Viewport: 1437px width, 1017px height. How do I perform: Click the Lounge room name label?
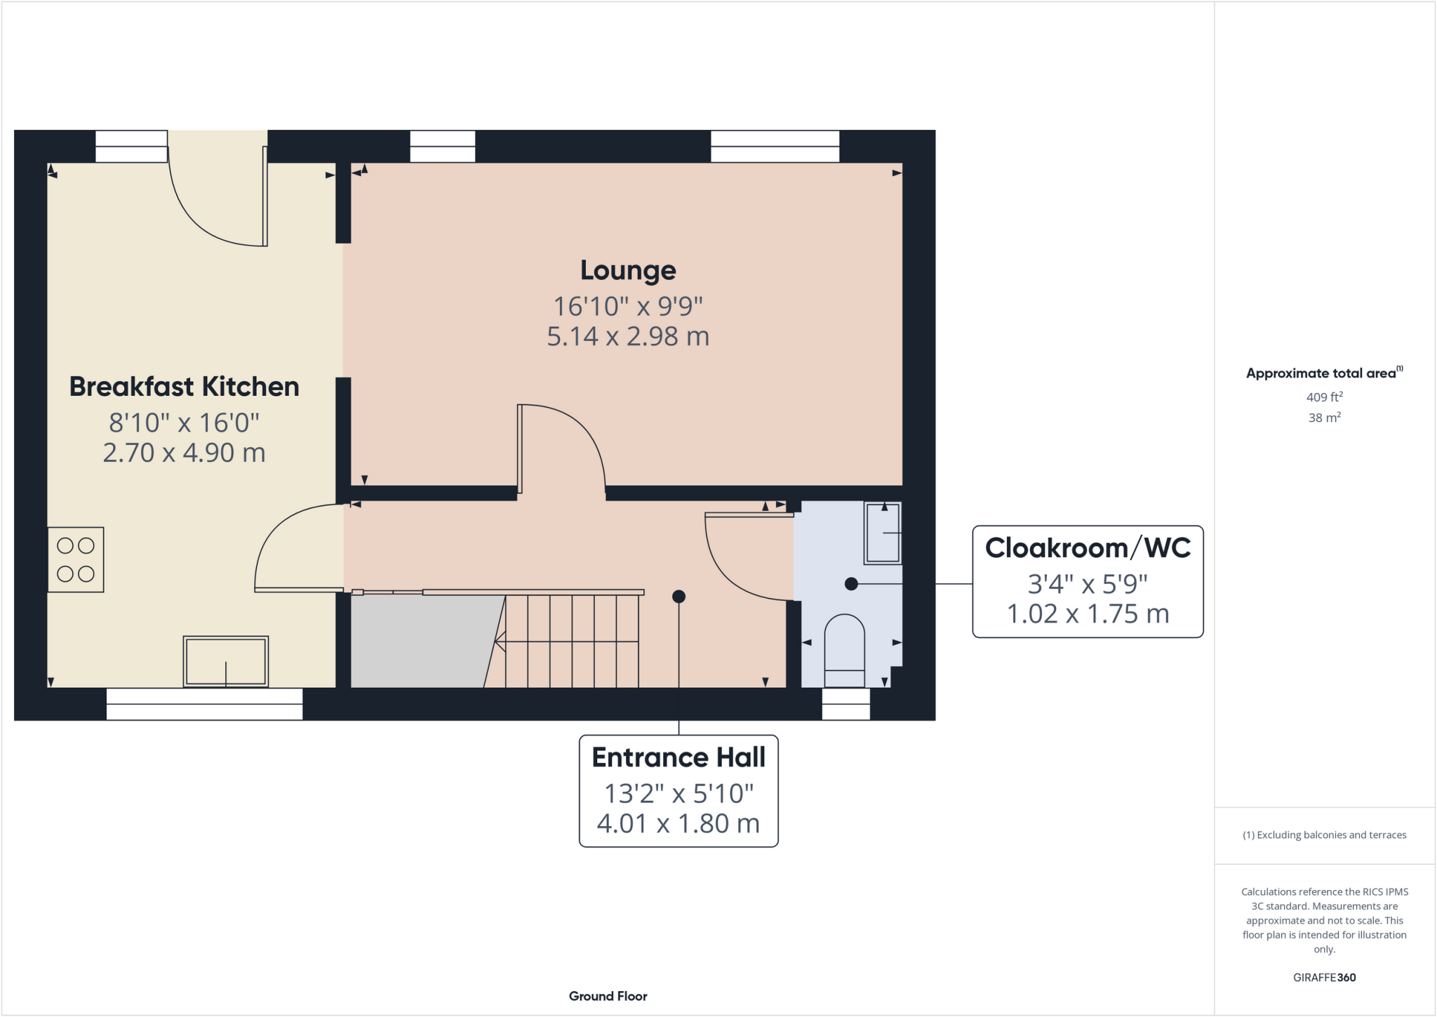628,271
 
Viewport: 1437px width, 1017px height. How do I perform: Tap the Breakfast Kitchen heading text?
184,387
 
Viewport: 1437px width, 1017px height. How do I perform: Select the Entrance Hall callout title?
679,757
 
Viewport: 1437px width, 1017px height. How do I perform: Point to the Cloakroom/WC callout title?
1088,547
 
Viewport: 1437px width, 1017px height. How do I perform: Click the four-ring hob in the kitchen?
76,559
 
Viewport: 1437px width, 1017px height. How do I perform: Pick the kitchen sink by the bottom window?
226,661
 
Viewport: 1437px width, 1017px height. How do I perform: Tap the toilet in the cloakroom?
844,651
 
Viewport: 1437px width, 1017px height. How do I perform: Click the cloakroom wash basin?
883,533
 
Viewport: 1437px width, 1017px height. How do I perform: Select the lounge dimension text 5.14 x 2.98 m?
628,337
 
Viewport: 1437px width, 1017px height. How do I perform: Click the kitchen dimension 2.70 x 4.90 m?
184,453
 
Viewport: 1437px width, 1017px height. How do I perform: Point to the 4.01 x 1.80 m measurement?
679,823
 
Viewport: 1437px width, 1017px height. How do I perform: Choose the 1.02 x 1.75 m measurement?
1088,614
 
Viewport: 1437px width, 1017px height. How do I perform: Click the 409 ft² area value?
1325,397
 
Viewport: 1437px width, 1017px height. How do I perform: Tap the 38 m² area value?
1325,418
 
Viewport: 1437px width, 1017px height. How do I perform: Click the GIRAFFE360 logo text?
1325,977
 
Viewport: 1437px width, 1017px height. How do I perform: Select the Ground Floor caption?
608,996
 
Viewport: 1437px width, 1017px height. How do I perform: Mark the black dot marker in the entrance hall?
679,597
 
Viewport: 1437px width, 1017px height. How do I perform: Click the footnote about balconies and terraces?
1325,835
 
